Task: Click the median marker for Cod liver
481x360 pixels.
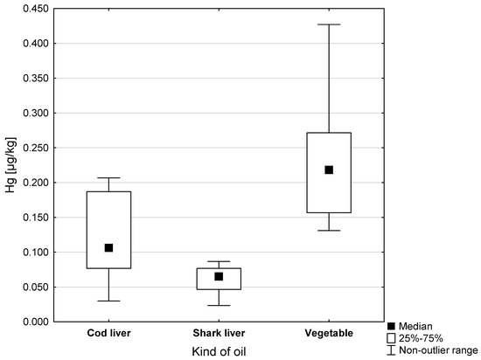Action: coord(108,248)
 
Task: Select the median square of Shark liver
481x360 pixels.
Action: coord(219,276)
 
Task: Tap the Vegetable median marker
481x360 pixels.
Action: coord(329,170)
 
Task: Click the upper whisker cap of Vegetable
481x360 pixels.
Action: coord(329,24)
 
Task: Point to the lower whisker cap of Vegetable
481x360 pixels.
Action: coord(329,230)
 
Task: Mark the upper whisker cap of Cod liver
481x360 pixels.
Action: coord(108,177)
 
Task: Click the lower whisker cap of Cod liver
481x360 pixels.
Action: coord(108,301)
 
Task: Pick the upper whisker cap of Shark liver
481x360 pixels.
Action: coord(219,261)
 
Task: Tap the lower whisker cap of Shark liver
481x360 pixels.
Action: coord(219,306)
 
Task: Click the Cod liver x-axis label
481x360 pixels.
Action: coord(108,334)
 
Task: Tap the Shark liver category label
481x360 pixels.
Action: coord(219,334)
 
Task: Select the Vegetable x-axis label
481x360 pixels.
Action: coord(329,334)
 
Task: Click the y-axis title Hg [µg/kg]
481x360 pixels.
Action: coord(9,165)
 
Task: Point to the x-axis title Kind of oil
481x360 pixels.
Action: coord(219,350)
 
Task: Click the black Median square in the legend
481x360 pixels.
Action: coord(390,325)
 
